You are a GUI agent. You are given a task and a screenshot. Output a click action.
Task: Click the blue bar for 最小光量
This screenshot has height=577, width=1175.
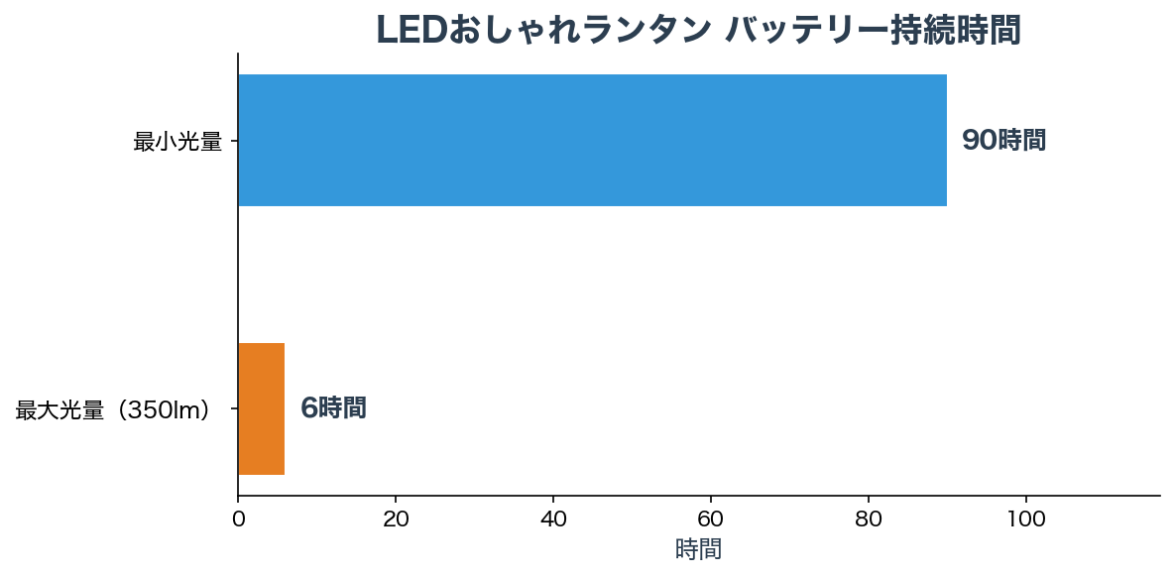(592, 141)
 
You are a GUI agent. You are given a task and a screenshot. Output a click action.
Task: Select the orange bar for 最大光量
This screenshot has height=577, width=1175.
(262, 408)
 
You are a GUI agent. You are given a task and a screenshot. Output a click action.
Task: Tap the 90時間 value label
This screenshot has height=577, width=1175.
(1003, 141)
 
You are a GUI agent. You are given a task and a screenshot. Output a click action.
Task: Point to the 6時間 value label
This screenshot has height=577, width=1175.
(333, 408)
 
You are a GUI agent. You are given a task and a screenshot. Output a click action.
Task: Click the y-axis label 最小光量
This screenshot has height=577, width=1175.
(177, 142)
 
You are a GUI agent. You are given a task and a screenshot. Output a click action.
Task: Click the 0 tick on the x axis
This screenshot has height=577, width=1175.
(238, 518)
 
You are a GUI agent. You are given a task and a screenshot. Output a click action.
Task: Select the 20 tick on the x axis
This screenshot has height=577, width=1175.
(396, 518)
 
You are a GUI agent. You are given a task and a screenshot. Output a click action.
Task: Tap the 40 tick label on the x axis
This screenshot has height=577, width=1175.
(553, 518)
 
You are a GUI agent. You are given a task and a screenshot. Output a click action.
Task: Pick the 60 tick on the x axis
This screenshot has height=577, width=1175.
(711, 518)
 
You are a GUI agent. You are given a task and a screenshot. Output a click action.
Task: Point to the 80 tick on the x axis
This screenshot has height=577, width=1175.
(869, 518)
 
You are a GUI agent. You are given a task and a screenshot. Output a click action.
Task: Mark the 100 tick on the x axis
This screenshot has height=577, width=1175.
(1026, 518)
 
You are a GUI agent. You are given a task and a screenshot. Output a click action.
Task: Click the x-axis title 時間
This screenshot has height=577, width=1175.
(698, 549)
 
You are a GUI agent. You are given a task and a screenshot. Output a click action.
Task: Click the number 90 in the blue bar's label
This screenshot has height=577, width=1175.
(979, 141)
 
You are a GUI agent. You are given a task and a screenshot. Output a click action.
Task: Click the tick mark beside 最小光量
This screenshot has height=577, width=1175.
(234, 141)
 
